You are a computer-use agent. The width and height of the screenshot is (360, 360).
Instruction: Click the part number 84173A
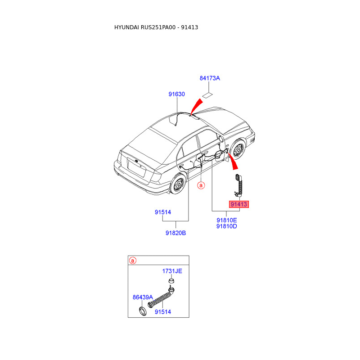click(210, 78)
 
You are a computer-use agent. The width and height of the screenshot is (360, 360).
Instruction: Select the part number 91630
click(177, 94)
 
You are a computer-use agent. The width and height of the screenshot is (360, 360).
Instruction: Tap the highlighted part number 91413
click(239, 204)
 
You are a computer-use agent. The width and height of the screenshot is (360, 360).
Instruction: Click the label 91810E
click(226, 220)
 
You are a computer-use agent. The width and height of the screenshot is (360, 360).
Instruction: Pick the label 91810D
click(226, 226)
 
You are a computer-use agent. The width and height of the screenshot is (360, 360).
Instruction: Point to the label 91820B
click(175, 233)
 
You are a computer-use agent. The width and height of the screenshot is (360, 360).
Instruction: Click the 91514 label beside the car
click(163, 212)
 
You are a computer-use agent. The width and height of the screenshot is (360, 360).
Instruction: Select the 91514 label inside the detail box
click(162, 311)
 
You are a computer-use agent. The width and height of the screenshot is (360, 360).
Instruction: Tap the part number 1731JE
click(172, 271)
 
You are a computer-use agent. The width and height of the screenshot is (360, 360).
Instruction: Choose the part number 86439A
click(143, 297)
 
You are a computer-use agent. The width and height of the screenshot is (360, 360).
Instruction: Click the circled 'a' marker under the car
click(202, 184)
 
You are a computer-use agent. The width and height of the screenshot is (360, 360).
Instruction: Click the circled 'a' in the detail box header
click(132, 261)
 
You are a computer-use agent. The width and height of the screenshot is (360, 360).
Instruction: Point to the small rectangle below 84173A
click(207, 95)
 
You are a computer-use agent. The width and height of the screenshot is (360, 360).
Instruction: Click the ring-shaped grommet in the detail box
click(143, 311)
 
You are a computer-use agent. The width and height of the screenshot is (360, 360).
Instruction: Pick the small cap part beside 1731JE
click(171, 281)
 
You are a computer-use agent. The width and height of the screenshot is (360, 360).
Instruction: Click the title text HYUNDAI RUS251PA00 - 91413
click(156, 27)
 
